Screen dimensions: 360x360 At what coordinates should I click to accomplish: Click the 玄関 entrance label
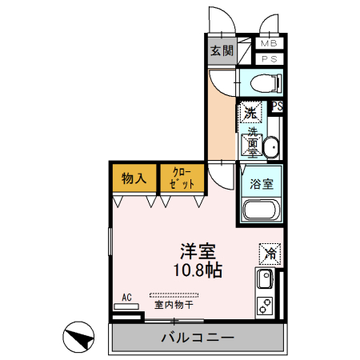(222, 51)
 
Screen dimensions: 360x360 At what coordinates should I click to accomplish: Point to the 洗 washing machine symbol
(250, 112)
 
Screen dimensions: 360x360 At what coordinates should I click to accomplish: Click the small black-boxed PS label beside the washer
(277, 106)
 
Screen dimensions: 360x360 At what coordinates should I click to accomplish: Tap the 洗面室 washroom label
(251, 140)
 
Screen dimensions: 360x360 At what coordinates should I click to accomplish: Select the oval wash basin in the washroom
(270, 147)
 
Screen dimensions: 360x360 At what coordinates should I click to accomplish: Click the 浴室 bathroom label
(261, 183)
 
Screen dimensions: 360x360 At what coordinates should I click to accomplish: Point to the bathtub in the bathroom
(261, 212)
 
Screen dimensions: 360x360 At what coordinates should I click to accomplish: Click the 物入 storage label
(134, 178)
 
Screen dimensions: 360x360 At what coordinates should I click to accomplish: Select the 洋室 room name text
(194, 250)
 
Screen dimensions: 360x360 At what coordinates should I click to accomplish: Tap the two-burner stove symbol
(266, 306)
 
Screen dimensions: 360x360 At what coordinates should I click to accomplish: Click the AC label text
(126, 298)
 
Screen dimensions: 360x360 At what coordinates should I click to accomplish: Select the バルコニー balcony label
(196, 338)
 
